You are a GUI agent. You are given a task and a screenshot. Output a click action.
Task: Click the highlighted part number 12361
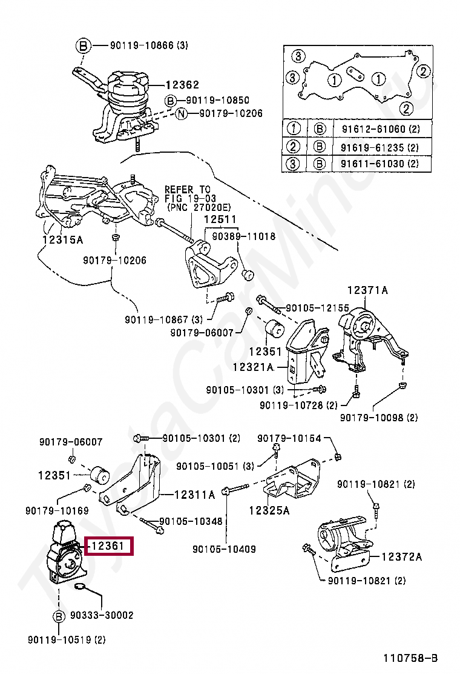point(108,546)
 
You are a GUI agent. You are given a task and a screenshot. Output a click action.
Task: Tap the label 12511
point(220,219)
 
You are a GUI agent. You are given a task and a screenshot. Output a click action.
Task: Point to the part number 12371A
point(367,290)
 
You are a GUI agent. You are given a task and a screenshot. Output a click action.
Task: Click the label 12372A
point(401,556)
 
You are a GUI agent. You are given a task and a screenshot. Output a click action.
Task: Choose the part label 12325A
point(269,510)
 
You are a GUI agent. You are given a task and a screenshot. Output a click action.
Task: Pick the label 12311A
point(194,495)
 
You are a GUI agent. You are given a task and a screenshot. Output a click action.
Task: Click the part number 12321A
point(253,367)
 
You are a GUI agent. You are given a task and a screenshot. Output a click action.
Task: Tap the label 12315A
point(62,239)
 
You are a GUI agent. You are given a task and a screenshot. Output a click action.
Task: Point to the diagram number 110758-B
point(410,658)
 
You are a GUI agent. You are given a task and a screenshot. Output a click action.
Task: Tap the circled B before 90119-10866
point(84,45)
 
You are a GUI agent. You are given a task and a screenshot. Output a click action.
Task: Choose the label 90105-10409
point(224,549)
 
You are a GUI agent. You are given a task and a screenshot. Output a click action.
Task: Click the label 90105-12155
point(317,308)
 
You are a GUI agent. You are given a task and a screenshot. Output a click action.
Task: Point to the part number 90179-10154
point(289,438)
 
